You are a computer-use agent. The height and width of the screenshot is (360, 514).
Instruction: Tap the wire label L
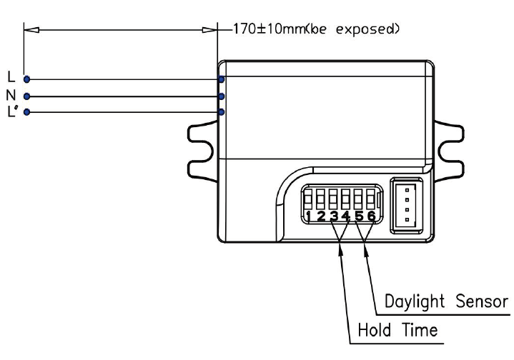[11, 77]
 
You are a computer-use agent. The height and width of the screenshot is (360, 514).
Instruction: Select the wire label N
[11, 95]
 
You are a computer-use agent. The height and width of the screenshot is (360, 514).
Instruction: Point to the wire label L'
[12, 111]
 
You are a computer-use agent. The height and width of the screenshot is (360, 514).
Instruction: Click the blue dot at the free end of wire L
[27, 79]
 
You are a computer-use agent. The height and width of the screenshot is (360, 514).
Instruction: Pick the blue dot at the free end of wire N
[27, 96]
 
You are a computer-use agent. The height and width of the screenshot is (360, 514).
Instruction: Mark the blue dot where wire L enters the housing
[222, 79]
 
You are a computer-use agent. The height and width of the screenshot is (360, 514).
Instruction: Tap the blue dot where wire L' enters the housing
[222, 112]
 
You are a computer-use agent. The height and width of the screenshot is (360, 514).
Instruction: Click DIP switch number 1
[308, 199]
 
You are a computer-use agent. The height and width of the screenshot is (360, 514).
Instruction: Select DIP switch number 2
[320, 199]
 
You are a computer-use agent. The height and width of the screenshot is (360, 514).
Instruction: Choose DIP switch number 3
[333, 199]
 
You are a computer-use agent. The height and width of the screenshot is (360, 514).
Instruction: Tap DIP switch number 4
[345, 199]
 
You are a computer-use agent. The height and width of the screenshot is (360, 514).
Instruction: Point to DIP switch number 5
[358, 199]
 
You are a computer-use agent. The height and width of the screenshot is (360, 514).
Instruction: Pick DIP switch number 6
[370, 199]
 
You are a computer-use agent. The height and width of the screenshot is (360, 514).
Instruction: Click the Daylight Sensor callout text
[446, 301]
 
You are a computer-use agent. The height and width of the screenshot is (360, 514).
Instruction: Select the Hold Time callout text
[397, 330]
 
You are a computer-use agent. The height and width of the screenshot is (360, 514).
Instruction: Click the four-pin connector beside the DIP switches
[407, 205]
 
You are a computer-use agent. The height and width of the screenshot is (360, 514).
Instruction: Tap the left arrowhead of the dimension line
[31, 30]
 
